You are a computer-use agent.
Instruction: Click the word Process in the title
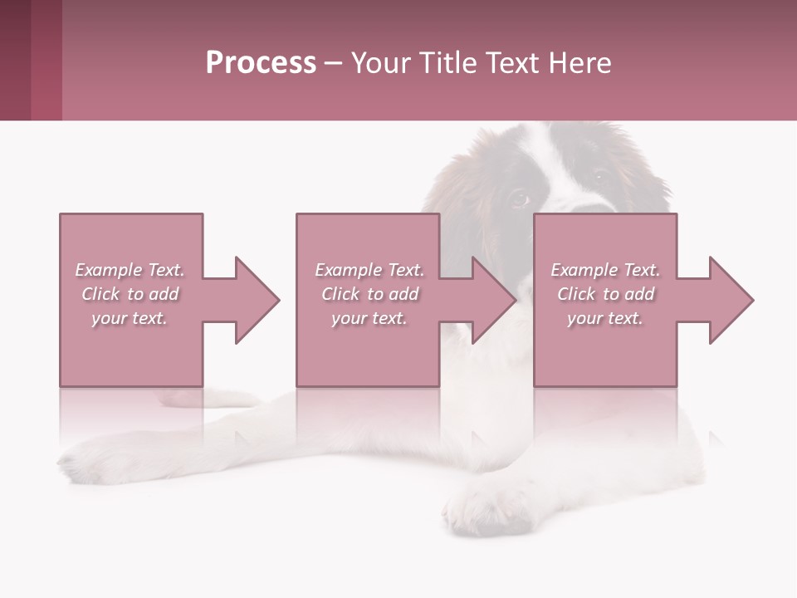pos(261,63)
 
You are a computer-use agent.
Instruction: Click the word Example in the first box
pos(108,270)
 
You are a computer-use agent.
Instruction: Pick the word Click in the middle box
pos(340,294)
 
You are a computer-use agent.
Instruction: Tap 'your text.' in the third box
pos(605,318)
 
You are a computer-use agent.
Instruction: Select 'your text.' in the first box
pos(130,318)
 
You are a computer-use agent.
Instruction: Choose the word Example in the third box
pos(584,270)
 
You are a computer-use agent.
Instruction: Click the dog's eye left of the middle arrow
pos(518,199)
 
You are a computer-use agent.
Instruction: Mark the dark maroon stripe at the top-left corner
pos(15,60)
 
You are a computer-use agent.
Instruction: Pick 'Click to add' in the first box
pos(130,294)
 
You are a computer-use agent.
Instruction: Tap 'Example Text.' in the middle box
pos(369,270)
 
